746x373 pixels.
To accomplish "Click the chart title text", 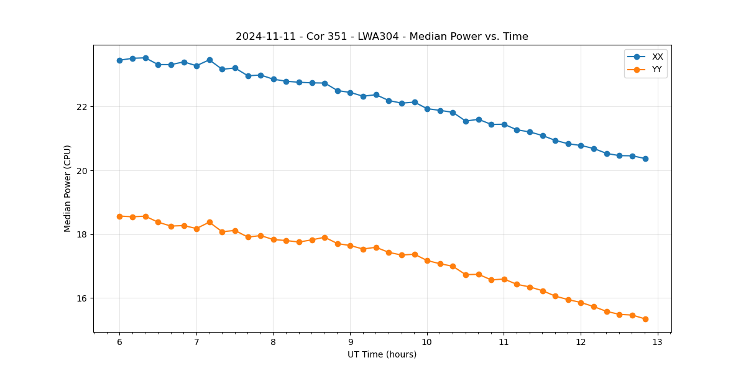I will point(382,37).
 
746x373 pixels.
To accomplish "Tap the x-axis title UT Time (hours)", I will point(382,354).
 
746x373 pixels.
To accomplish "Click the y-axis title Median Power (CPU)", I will point(68,188).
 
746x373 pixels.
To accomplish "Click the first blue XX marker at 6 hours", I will point(119,60).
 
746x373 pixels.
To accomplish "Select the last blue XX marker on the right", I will point(645,159).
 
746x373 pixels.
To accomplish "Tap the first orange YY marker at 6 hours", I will point(119,216).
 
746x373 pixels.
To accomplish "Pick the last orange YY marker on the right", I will point(645,319).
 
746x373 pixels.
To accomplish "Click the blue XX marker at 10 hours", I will point(427,109).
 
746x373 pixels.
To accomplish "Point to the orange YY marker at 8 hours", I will point(274,239).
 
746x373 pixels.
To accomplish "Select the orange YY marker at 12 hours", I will point(581,303).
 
